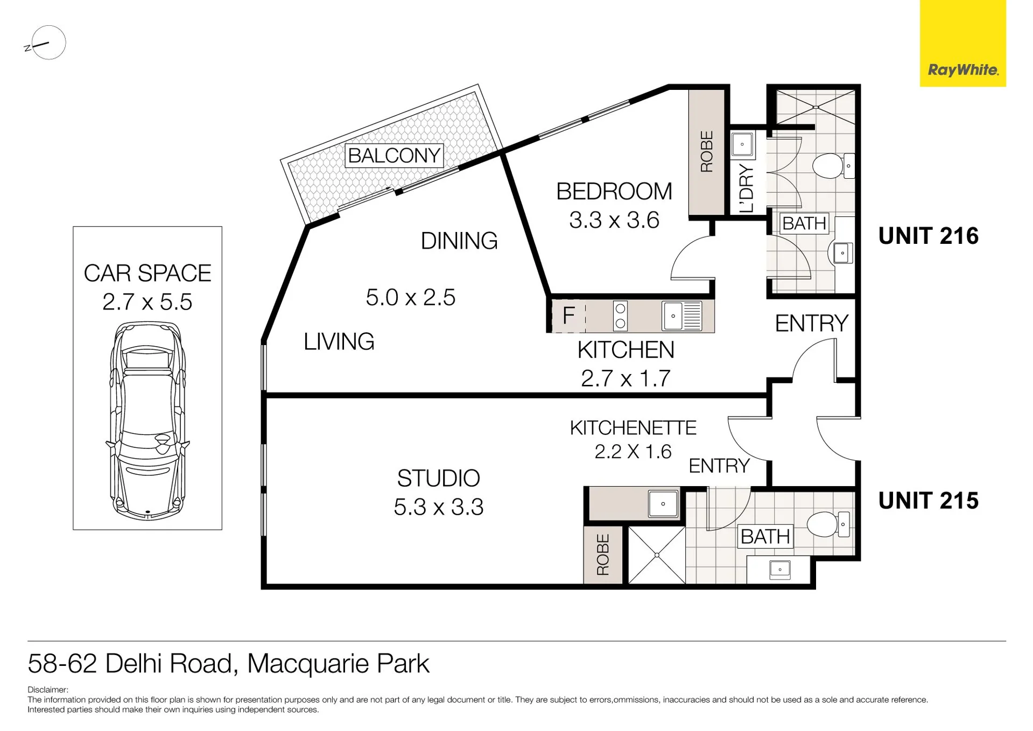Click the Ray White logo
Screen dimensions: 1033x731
click(x=962, y=43)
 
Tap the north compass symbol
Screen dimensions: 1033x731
click(x=46, y=43)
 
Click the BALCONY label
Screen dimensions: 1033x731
click(x=394, y=156)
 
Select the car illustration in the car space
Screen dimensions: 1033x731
click(x=147, y=420)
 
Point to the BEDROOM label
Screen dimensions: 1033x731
click(x=614, y=191)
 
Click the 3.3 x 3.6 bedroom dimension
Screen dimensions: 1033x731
click(x=614, y=220)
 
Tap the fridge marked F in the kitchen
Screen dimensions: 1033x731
click(x=568, y=315)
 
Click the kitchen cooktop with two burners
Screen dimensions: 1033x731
click(x=620, y=315)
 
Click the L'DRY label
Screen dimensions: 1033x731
click(x=747, y=188)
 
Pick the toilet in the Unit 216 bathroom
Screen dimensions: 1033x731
click(x=833, y=166)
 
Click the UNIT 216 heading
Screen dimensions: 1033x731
click(x=928, y=236)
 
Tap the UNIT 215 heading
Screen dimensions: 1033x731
click(x=928, y=501)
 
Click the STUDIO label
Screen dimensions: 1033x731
click(x=438, y=478)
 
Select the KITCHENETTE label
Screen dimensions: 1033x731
click(x=633, y=428)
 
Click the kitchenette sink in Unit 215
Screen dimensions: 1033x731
click(x=663, y=504)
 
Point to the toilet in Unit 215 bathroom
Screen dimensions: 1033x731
click(x=828, y=524)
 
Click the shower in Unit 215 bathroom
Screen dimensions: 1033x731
click(x=657, y=555)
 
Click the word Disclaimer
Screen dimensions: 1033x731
click(x=48, y=690)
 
